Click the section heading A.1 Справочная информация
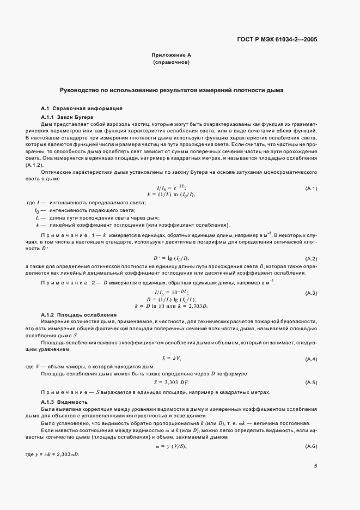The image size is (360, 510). coord(77,108)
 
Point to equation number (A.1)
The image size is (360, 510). coord(311,188)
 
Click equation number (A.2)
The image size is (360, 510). coord(311,258)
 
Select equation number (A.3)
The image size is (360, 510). coord(311,293)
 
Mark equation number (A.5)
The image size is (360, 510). coord(311,382)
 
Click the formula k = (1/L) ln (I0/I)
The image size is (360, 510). coord(171,195)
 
